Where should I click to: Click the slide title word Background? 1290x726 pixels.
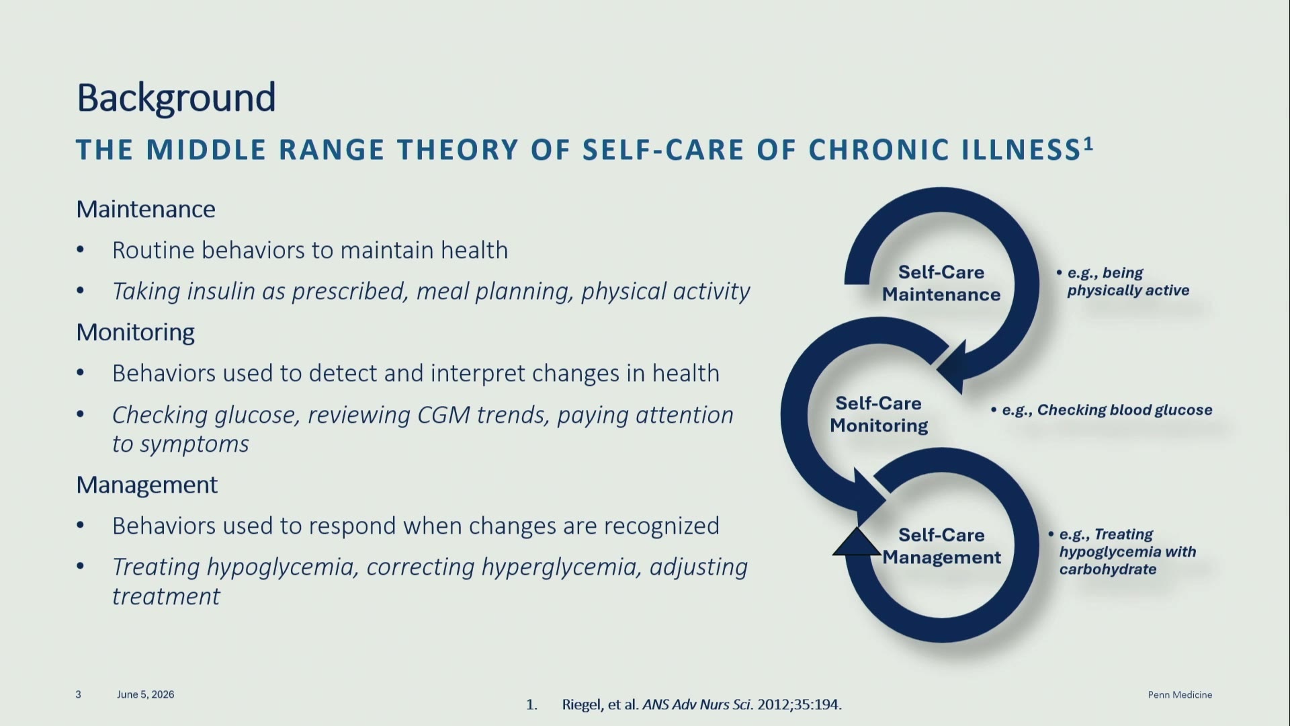point(176,98)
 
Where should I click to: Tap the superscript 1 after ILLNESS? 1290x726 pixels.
point(1088,144)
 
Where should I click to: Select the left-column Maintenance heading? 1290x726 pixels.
point(146,209)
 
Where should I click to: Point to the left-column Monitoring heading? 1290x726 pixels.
point(136,332)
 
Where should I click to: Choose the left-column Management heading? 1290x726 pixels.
point(147,485)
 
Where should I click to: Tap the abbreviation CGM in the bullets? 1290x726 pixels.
point(443,415)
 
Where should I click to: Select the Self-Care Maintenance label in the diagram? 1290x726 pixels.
point(941,283)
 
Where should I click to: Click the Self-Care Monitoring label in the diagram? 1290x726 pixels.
point(879,414)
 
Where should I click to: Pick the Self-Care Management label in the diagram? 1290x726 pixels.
point(941,546)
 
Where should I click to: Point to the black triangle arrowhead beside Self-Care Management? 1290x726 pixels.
point(857,542)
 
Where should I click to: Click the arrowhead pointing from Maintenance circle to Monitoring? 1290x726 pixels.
point(954,367)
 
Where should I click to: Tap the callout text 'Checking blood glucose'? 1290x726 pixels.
point(1124,410)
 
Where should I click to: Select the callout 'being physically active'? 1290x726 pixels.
point(1128,282)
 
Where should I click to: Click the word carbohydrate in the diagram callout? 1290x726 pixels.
point(1108,569)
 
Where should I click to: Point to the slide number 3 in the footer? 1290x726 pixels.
point(79,694)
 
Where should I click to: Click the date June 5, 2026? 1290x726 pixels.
point(145,694)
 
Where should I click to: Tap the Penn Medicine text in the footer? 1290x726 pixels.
point(1180,694)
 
